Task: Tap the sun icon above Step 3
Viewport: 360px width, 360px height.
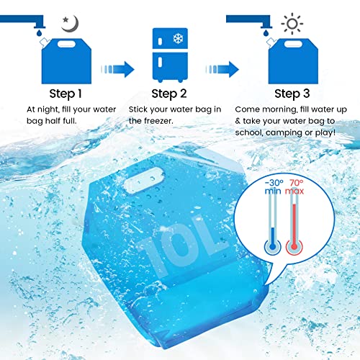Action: (x=292, y=24)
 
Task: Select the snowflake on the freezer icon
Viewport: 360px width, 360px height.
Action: (x=178, y=38)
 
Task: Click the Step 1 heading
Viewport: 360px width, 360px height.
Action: (x=66, y=94)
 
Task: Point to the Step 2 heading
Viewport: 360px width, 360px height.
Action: (x=169, y=94)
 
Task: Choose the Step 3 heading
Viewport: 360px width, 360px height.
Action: (x=292, y=94)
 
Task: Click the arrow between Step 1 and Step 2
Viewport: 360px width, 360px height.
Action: (x=117, y=69)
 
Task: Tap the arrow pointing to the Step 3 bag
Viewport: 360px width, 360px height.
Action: (x=222, y=69)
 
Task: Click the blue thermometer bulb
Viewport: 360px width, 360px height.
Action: (x=272, y=247)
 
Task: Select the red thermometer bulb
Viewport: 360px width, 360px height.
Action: (x=294, y=247)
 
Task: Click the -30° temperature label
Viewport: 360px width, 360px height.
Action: (x=274, y=183)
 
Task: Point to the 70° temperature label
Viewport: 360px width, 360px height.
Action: (x=297, y=183)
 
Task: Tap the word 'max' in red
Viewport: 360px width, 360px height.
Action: (x=294, y=192)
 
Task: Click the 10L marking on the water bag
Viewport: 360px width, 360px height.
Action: (x=183, y=245)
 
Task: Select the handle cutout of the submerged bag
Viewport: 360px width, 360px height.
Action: (x=144, y=180)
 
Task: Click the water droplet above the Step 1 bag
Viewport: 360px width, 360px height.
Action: (x=39, y=32)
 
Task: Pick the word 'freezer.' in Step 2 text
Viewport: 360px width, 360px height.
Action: (x=158, y=121)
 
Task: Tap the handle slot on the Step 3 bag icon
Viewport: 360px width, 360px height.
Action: (x=293, y=44)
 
